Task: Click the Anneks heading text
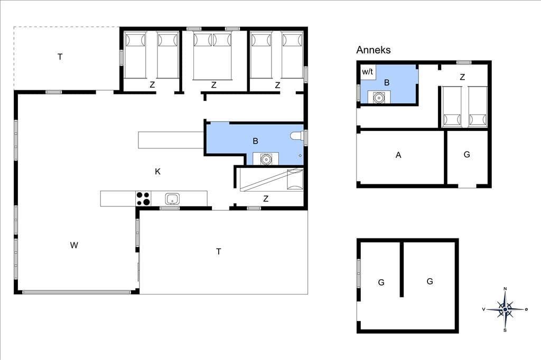374,50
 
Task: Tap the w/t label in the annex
368,72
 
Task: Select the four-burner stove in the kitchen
143,198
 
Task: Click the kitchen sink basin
172,199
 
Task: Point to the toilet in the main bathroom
296,136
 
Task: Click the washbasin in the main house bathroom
266,159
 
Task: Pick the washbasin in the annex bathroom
379,98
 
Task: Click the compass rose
505,309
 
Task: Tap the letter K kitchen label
157,172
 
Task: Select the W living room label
74,245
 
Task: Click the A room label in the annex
398,155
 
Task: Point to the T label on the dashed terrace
60,57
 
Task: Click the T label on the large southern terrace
218,252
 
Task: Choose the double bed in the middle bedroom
212,55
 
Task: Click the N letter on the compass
505,289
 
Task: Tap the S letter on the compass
505,330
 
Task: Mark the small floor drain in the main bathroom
300,156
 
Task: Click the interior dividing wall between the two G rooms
402,269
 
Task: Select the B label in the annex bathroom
387,82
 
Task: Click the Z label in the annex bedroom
462,77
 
